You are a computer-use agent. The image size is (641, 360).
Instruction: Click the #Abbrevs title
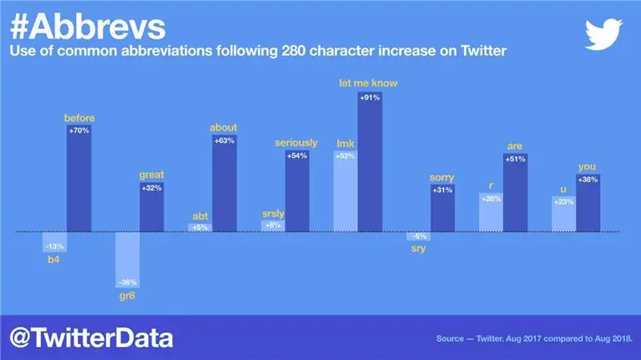tap(89, 26)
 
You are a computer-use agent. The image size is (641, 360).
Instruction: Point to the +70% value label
tap(79, 130)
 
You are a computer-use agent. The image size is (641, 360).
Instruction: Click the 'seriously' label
tap(296, 143)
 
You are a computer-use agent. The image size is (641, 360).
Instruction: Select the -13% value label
tap(54, 246)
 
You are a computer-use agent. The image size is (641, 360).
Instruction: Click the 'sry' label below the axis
tap(417, 249)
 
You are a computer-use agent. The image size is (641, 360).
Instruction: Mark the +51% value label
tap(515, 159)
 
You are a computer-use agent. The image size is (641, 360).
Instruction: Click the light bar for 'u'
tap(564, 214)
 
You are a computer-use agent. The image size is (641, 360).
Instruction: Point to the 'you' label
tap(587, 167)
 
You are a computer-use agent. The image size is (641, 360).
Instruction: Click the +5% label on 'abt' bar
tap(200, 228)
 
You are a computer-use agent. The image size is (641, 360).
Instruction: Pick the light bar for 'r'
tap(490, 212)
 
